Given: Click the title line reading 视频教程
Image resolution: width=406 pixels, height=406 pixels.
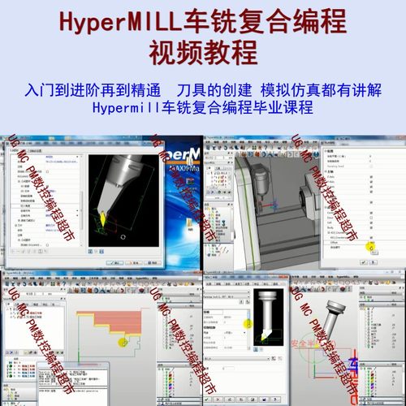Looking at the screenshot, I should point(202,52).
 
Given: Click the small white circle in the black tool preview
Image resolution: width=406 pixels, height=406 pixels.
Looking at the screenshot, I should point(120,236).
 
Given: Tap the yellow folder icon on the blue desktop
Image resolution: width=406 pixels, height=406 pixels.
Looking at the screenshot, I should point(192,218).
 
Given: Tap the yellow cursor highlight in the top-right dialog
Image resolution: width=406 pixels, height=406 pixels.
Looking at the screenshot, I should point(369,246).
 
